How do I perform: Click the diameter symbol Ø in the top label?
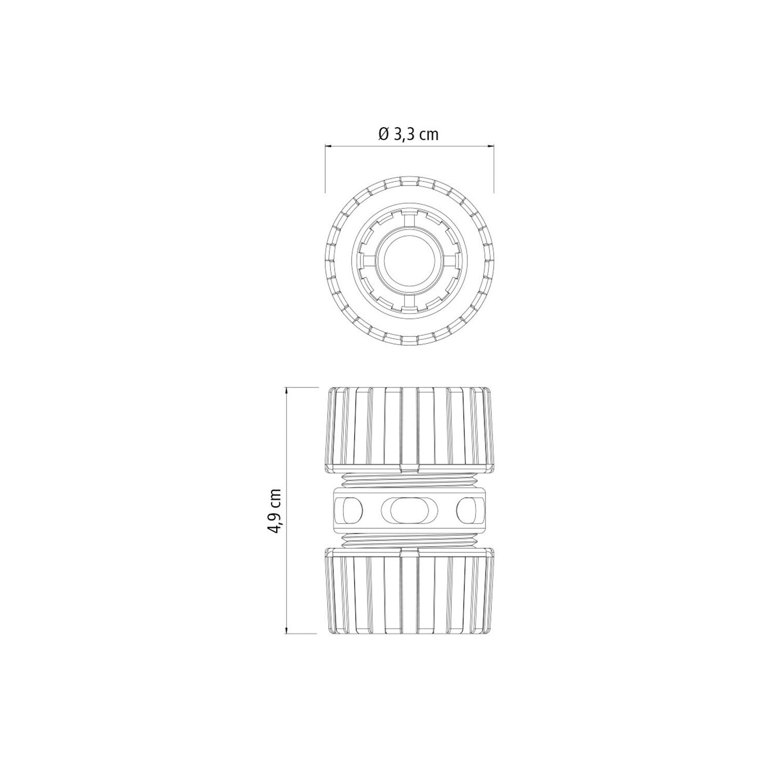pos(383,135)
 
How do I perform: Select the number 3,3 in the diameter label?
pos(405,135)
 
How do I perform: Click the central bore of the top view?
pos(409,261)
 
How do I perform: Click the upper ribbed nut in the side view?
pos(409,429)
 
